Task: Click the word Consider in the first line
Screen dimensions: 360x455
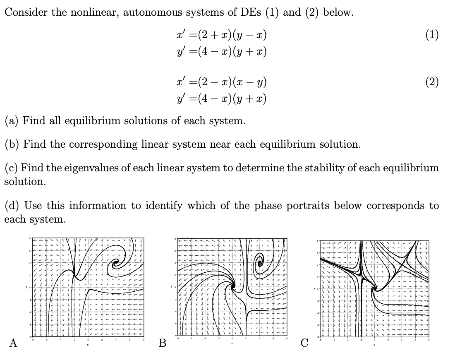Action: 25,12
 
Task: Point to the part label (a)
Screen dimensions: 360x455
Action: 12,121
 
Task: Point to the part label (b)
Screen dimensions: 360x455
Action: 12,144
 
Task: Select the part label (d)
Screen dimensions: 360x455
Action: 12,205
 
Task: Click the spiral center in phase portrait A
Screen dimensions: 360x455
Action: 116,262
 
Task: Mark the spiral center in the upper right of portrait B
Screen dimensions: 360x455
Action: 259,262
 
